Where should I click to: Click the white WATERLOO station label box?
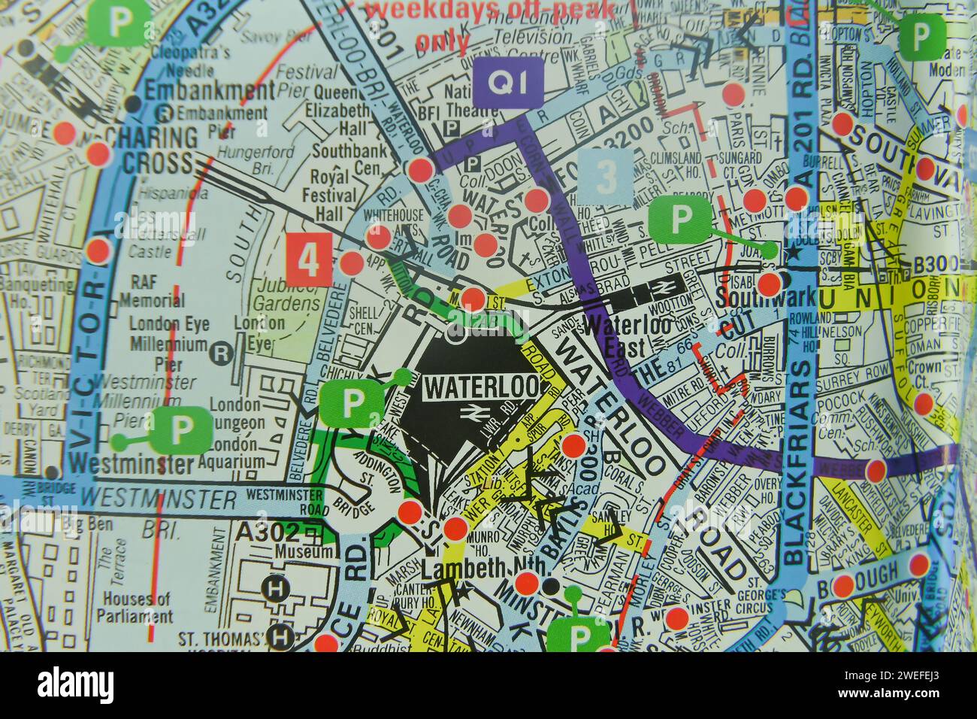pyautogui.click(x=482, y=387)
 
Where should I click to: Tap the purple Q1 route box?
pyautogui.click(x=509, y=82)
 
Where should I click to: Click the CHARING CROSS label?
pyautogui.click(x=151, y=150)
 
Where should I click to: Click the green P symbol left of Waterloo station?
pyautogui.click(x=352, y=404)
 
